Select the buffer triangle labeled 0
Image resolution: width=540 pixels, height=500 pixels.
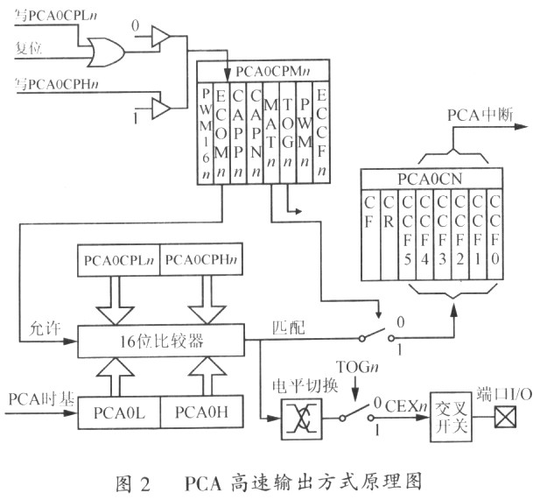160,36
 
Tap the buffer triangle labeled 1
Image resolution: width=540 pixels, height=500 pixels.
160,108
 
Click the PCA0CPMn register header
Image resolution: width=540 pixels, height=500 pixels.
263,71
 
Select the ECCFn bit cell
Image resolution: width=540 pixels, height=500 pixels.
321,131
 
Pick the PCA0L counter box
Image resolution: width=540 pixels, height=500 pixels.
120,411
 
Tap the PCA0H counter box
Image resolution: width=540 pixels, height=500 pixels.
204,411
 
